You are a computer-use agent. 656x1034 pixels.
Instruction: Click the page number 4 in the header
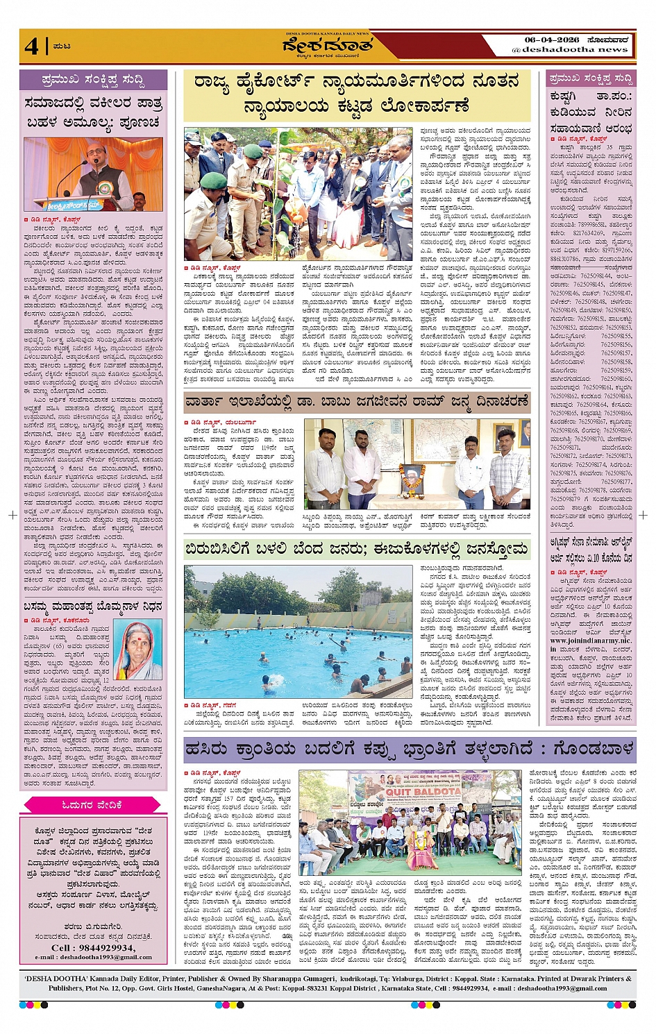32,46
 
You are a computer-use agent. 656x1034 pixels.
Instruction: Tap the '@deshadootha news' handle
570,50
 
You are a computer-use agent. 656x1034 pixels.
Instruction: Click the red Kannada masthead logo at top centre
328,46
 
